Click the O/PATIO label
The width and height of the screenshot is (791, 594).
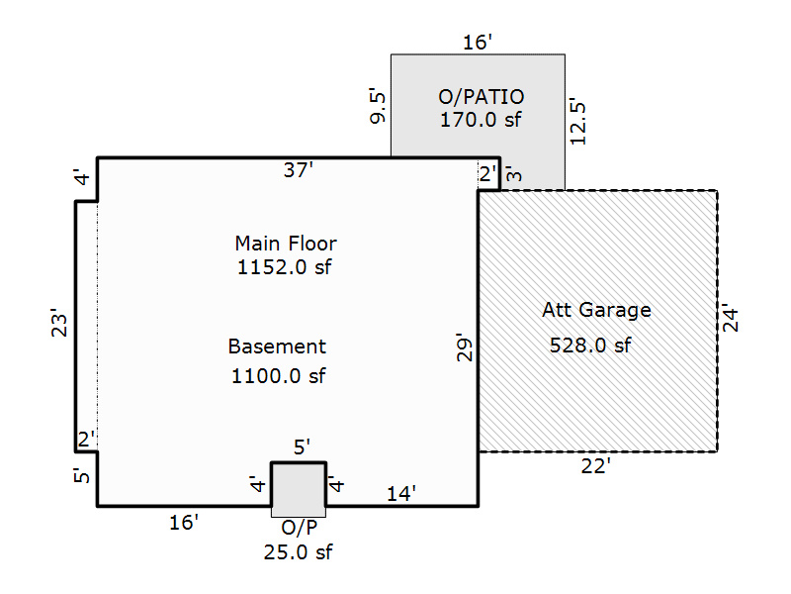(481, 96)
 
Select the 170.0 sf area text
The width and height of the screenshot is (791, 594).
(481, 120)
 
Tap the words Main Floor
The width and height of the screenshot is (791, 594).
(286, 244)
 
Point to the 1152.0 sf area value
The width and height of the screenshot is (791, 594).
(285, 267)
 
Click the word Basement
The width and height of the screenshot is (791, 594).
(277, 346)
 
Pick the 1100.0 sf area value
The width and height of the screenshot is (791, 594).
(279, 376)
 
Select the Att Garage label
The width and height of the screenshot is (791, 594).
(597, 310)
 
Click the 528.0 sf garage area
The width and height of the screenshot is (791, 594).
(590, 346)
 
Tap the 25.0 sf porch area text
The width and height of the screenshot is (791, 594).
(299, 552)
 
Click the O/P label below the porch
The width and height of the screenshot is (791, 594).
(300, 528)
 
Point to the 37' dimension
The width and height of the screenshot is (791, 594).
(299, 169)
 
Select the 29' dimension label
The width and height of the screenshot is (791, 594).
(464, 347)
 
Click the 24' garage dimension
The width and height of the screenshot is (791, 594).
(730, 318)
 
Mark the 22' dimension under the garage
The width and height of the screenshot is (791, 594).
(596, 466)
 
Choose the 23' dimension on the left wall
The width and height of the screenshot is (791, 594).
(59, 323)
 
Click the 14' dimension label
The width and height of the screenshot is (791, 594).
(401, 493)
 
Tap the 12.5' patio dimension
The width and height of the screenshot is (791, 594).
(577, 122)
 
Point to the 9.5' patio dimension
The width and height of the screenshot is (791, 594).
(378, 107)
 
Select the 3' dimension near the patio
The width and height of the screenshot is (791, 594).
(513, 174)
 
